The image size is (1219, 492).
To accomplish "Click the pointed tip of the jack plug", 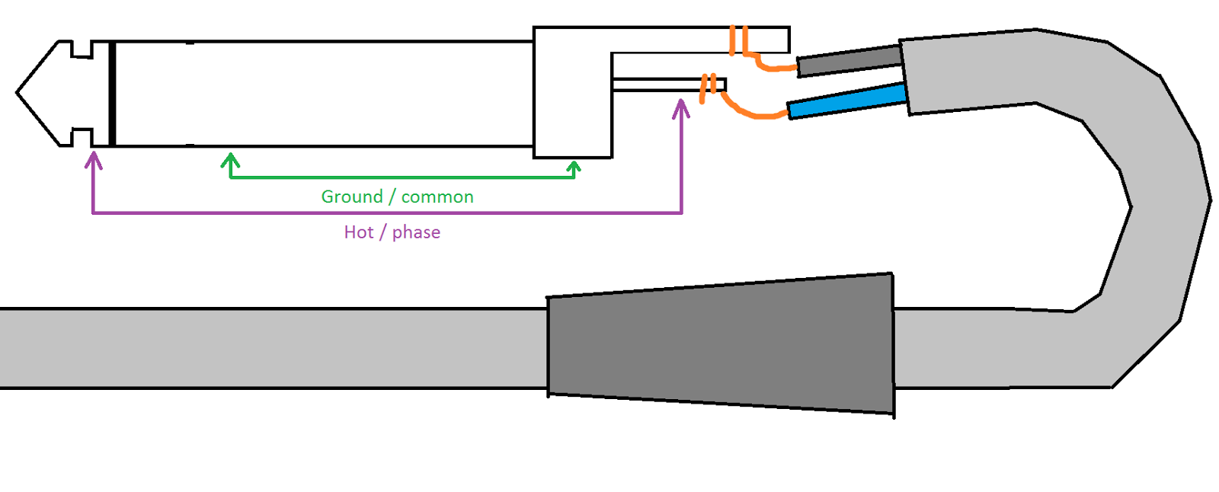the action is pos(17,93).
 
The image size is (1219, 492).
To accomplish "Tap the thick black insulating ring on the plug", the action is pos(112,94).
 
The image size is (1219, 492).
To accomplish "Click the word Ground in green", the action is pos(351,196).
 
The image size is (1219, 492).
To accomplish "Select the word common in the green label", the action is pos(437,197).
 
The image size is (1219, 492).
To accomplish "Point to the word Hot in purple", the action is pos(359,232).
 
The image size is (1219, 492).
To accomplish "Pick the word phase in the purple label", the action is pos(416,233).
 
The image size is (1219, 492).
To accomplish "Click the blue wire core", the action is pos(846,101).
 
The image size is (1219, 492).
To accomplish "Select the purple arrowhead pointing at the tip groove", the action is pos(94,160).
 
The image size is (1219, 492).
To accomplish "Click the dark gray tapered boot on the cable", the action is pos(721,345).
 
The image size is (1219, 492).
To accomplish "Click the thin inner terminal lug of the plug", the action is pos(669,85).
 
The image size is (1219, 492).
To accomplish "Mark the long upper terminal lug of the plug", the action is pos(700,40).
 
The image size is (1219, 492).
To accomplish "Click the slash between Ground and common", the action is pos(392,196).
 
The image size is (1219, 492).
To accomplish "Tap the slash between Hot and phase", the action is pos(382,232).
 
